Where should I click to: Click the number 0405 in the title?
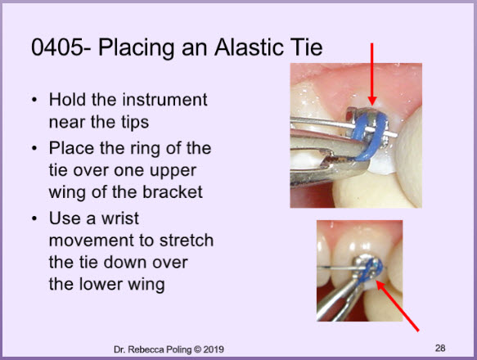pos(57,47)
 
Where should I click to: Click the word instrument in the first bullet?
pos(164,100)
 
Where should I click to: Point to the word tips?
pos(135,123)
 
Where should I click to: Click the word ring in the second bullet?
pos(145,149)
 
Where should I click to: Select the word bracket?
pos(173,192)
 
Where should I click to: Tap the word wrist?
pos(120,218)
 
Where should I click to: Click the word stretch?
pos(187,240)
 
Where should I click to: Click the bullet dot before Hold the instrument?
pos(34,100)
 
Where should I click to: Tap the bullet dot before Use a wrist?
pos(34,218)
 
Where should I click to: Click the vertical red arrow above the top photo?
pos(372,74)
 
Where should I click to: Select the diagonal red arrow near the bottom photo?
pos(398,306)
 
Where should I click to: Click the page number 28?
pos(440,348)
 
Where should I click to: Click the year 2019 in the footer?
pos(214,349)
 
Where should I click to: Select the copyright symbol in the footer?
pos(197,349)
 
